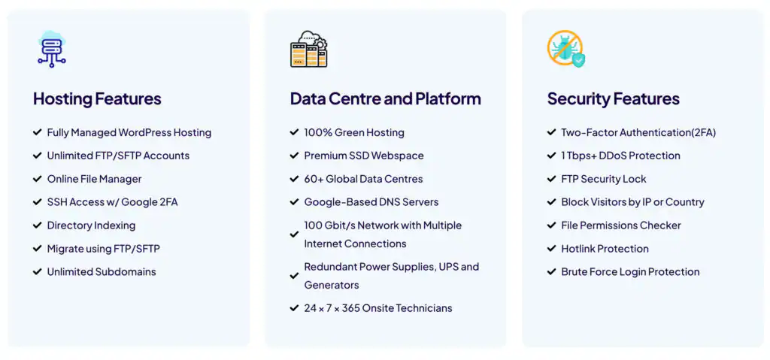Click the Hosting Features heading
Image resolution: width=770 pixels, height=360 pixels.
(x=97, y=98)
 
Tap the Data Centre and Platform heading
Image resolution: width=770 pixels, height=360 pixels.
(x=386, y=98)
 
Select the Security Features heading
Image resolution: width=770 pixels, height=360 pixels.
(x=614, y=98)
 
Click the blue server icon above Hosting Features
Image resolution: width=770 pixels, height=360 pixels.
(x=52, y=49)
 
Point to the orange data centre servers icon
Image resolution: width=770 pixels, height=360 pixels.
(x=309, y=49)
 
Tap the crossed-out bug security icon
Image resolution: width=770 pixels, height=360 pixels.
(x=566, y=49)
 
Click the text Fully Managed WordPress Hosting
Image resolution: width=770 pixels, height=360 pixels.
(x=129, y=132)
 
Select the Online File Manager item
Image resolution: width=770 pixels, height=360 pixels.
(x=94, y=180)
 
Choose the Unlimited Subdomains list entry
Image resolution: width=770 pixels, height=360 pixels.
(x=102, y=271)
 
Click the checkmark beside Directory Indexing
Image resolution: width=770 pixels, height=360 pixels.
(x=38, y=225)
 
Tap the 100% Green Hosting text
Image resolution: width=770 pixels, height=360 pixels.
(x=354, y=132)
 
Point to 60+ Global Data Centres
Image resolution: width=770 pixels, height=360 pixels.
(x=363, y=180)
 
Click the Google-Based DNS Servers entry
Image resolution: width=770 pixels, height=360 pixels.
(x=371, y=202)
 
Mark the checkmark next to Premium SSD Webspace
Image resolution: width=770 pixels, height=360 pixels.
(x=294, y=156)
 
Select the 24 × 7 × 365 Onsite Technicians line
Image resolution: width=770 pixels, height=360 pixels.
(x=378, y=308)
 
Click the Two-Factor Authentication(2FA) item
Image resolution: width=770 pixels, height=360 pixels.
(x=638, y=132)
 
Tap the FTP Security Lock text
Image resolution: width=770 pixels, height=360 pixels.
(x=604, y=180)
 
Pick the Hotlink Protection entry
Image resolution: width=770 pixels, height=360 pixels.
(x=605, y=249)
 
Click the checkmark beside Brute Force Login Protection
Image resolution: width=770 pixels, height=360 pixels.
(x=551, y=271)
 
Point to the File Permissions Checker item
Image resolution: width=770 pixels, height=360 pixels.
(x=621, y=225)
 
